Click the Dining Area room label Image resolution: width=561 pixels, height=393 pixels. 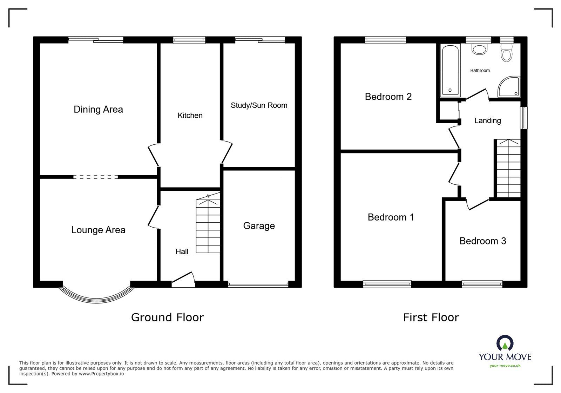(98, 110)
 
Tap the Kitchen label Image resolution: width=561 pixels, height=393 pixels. (190, 116)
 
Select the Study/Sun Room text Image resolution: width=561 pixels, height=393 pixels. (259, 105)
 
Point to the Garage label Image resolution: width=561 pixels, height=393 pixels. (259, 226)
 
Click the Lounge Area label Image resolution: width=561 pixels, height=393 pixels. (98, 230)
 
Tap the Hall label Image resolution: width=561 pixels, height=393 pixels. (182, 251)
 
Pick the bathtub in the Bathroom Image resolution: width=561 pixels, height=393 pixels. (450, 70)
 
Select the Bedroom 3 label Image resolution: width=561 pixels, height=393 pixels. (482, 241)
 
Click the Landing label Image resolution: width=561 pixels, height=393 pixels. (487, 121)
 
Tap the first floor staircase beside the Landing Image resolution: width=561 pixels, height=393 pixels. (507, 169)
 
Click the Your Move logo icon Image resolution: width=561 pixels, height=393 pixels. (505, 343)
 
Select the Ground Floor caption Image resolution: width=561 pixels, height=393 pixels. (167, 317)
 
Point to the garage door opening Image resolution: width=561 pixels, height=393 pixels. (258, 284)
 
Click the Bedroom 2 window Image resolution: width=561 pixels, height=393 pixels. (385, 40)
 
